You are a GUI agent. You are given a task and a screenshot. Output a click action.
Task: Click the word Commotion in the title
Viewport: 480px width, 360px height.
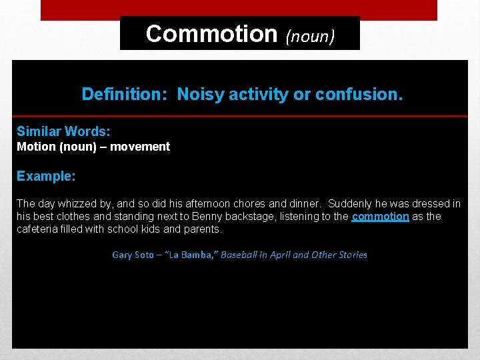pos(211,33)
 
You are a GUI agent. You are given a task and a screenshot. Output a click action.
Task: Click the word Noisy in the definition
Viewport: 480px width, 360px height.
pos(201,95)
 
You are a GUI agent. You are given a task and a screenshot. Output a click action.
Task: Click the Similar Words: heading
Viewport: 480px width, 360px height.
pos(63,131)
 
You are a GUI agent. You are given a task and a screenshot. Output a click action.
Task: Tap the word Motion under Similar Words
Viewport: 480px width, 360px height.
pos(36,147)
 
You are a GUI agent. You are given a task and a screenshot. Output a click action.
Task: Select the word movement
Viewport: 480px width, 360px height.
pos(139,147)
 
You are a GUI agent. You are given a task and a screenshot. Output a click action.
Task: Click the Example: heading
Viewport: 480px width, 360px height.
pos(46,177)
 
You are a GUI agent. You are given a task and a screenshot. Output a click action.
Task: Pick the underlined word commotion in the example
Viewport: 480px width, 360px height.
pos(380,217)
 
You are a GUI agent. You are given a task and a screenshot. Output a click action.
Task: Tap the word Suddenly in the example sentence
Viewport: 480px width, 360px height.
pos(350,203)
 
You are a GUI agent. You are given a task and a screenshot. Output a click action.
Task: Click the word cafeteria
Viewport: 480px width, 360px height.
pos(39,229)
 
